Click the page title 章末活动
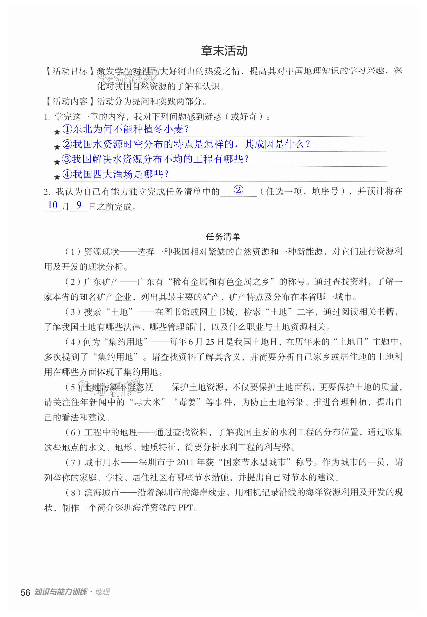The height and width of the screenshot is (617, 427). (x=224, y=51)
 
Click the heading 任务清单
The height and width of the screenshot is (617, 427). (x=223, y=236)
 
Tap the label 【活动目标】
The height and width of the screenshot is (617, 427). (x=70, y=71)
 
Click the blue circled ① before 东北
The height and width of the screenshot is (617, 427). (x=67, y=129)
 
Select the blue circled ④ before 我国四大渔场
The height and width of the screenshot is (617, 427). (x=67, y=174)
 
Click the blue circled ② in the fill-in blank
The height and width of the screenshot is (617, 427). (x=238, y=190)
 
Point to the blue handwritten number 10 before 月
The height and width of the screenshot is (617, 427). (x=53, y=205)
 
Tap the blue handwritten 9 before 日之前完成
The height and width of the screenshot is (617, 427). (x=79, y=205)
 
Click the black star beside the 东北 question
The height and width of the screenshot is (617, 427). (x=57, y=132)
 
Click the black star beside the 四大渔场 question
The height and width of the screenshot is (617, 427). (x=57, y=177)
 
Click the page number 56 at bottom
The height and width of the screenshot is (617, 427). (x=25, y=593)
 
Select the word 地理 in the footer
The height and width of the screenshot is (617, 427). (x=102, y=592)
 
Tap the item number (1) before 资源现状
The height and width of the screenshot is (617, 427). (x=72, y=252)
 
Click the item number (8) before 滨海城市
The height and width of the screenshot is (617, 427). (x=72, y=493)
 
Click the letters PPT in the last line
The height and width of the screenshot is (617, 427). (x=186, y=508)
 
